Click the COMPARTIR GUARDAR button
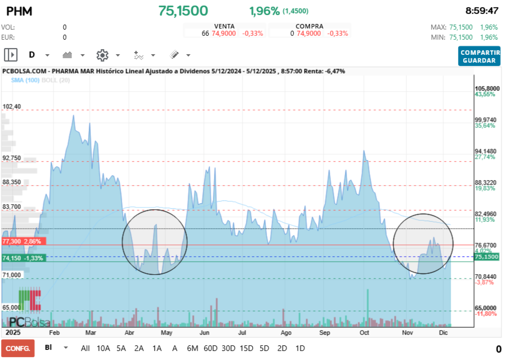pos(479,56)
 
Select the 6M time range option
pos(192,348)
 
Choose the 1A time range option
pos(157,348)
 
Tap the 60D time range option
pos(210,348)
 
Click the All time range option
pos(86,348)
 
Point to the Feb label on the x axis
pos(54,333)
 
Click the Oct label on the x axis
pos(365,333)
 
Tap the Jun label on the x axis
pos(205,333)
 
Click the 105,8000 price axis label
pos(487,88)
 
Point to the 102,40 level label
pos(12,106)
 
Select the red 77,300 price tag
pos(22,241)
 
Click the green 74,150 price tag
pos(22,258)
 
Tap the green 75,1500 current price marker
pos(486,256)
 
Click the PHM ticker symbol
pos(19,11)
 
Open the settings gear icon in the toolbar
pos(102,55)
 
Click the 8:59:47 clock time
pos(482,11)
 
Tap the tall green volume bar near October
pos(367,306)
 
